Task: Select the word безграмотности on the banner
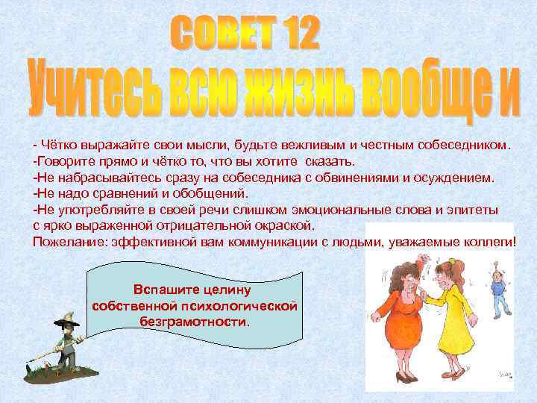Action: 194,322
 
